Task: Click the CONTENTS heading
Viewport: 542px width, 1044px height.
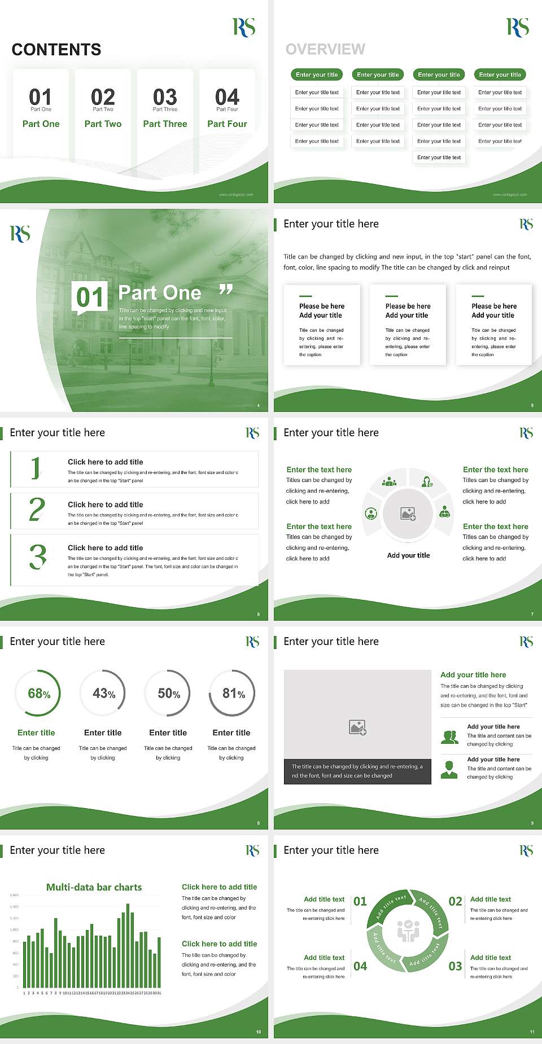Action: point(56,50)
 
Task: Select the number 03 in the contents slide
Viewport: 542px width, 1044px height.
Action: point(165,97)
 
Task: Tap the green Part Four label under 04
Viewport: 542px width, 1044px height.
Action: point(227,124)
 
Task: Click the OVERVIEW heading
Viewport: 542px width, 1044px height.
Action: point(325,50)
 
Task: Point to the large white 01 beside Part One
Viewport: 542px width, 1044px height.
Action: point(90,297)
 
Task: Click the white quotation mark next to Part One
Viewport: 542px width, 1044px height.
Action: point(226,289)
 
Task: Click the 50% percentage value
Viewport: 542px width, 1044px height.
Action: point(169,693)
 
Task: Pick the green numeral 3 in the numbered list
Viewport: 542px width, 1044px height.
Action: point(38,557)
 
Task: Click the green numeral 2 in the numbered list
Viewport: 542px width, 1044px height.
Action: point(37,510)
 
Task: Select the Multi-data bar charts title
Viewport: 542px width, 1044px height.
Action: point(94,887)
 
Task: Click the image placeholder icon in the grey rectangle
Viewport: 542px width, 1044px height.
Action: point(357,727)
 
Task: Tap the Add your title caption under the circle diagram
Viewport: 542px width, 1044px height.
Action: point(408,555)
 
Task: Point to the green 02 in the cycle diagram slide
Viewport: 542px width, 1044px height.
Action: point(455,901)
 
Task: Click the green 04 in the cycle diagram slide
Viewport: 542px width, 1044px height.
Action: point(360,966)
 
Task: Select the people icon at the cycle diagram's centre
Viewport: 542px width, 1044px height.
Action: point(408,931)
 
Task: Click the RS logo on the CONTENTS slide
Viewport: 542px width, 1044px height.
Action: point(244,27)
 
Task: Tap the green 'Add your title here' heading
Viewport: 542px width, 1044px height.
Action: point(473,674)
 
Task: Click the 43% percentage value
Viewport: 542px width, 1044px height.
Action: point(104,693)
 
